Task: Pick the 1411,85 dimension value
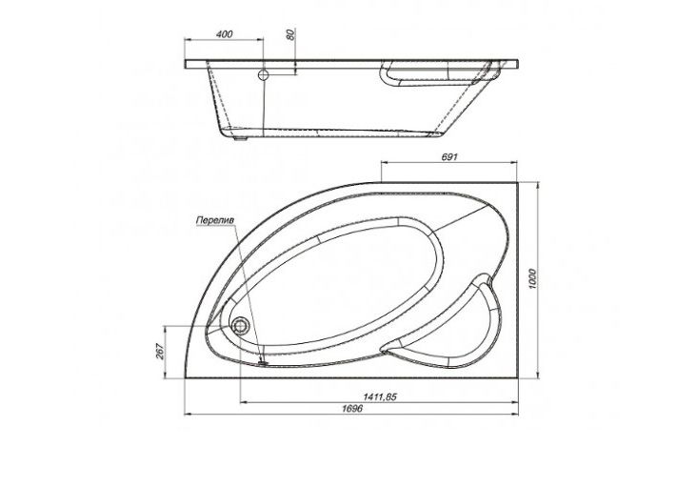(x=380, y=397)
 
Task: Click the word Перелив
(x=214, y=219)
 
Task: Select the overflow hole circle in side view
(x=264, y=73)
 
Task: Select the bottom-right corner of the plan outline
(x=520, y=376)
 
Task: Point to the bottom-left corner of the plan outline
(x=183, y=376)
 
